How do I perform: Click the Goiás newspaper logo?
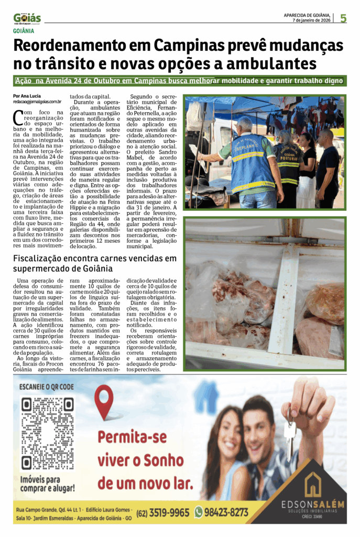tap(27, 18)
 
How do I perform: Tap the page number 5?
tap(343, 18)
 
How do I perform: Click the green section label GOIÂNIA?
tap(26, 30)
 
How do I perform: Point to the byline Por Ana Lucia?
tap(27, 96)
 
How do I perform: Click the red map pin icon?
tap(105, 401)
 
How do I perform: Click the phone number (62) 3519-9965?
tap(162, 512)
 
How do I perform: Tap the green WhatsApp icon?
tap(199, 512)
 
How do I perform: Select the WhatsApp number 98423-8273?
tap(226, 512)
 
